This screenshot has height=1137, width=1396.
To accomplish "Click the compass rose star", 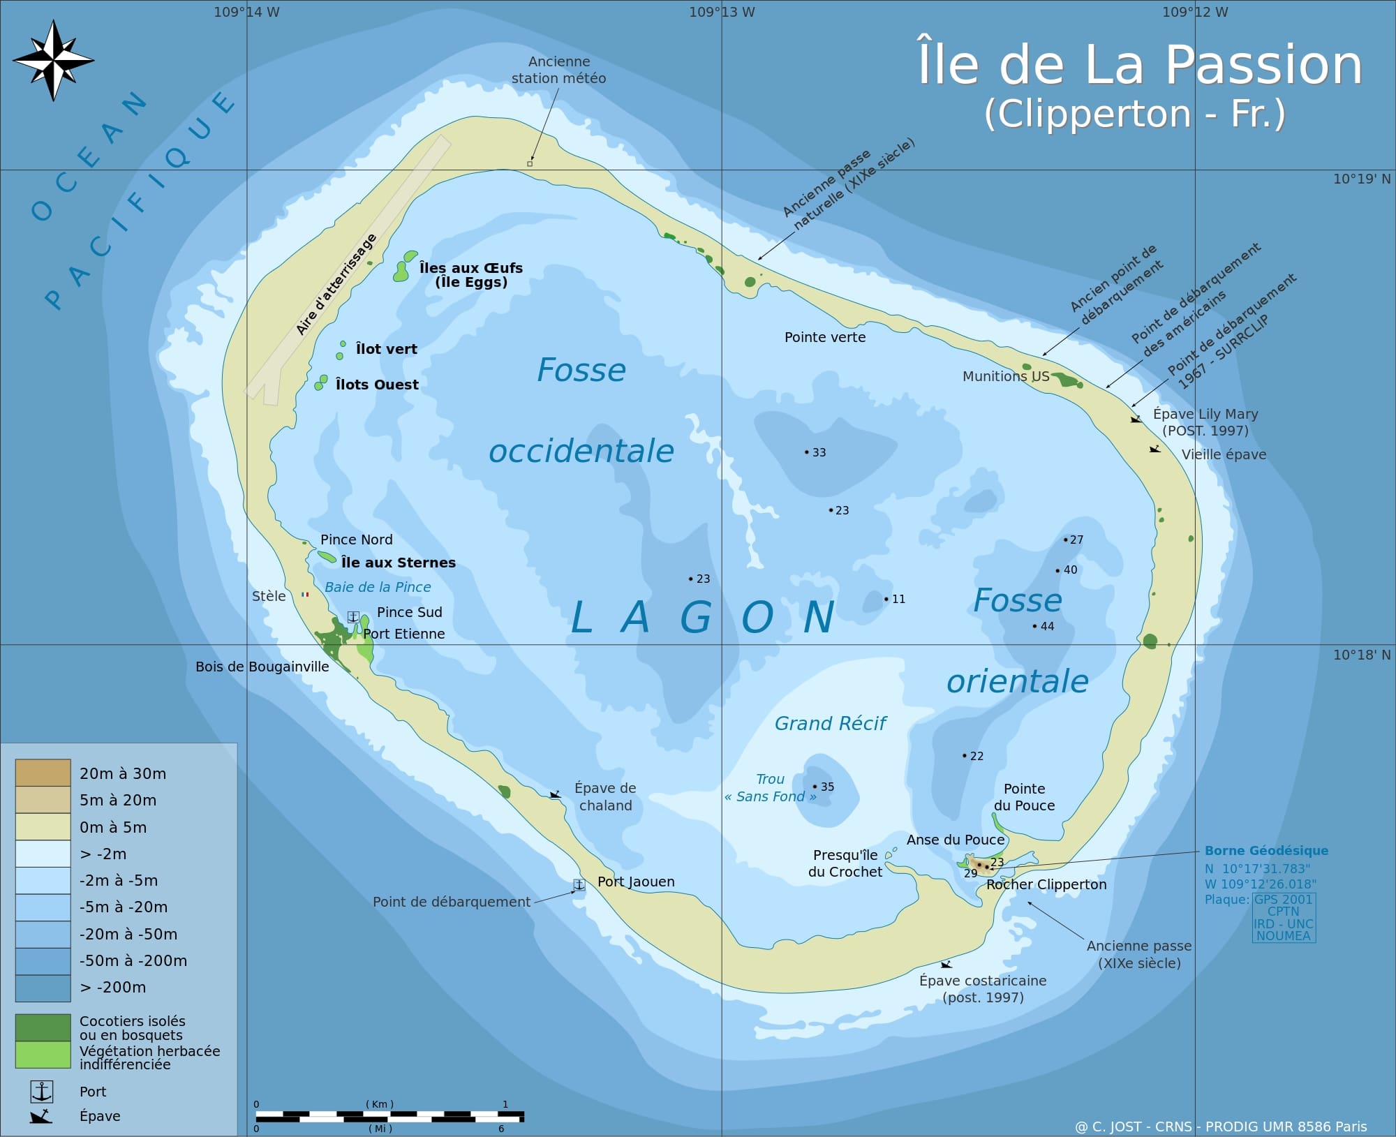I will [53, 60].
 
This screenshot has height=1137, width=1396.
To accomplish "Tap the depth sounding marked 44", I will [1035, 626].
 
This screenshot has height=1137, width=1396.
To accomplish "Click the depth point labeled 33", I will [807, 452].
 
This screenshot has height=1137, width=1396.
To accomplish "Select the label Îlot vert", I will [386, 349].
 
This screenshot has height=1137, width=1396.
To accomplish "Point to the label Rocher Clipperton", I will [1046, 884].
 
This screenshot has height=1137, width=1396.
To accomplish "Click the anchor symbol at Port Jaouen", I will [579, 884].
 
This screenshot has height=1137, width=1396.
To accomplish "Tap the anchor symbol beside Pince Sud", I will [353, 617].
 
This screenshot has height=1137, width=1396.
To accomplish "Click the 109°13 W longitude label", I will [721, 12].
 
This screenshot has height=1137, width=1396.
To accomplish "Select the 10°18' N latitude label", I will [1361, 655].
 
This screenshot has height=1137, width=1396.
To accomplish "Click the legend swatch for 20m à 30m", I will [43, 773].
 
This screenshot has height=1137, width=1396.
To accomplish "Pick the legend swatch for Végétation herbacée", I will [43, 1055].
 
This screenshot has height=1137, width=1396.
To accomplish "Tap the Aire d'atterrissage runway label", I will [336, 284].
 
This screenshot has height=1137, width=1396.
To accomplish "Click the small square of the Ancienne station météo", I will [530, 164].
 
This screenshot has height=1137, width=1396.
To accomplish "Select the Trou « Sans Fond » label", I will [770, 788].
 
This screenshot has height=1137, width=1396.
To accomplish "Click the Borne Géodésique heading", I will [1266, 850].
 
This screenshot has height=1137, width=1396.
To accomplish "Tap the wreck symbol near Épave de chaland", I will [555, 794].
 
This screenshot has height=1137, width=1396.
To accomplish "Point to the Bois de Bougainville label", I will [262, 667].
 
